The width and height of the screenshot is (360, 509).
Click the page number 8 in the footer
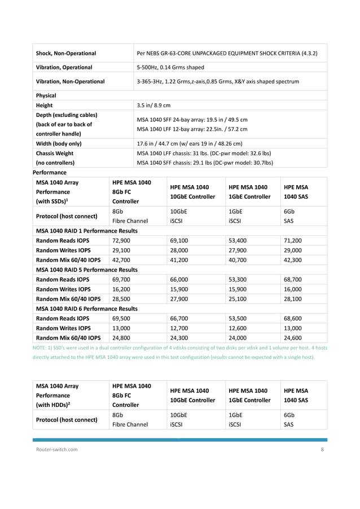(322, 450)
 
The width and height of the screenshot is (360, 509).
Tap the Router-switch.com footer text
(55, 450)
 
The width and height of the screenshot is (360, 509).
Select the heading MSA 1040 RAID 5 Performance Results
(87, 270)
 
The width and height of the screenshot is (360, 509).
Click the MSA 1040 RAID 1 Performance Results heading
(87, 230)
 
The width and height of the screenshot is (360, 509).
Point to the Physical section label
(46, 95)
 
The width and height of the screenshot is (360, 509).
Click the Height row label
(44, 105)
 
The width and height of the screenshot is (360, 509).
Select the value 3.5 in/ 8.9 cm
(153, 105)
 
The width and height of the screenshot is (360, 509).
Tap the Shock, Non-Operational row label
(65, 53)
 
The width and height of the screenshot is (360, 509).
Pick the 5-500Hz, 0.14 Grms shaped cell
(170, 67)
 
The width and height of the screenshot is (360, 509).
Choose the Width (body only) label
(59, 143)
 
